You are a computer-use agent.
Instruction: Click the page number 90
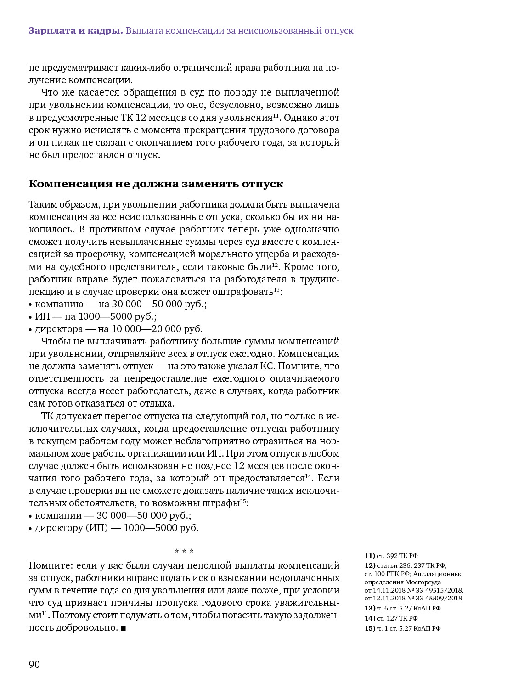34,665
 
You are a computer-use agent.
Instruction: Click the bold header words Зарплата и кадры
75,31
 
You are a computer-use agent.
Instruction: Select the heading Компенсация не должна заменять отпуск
156,184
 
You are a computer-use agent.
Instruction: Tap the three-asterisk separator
184,551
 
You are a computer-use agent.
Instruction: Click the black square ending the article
123,628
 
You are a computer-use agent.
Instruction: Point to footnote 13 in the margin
403,608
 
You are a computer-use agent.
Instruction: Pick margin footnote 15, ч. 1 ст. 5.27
403,628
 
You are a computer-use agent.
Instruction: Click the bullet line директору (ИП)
117,528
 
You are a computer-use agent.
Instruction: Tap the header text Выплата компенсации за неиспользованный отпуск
239,31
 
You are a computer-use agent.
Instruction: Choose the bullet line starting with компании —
113,515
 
